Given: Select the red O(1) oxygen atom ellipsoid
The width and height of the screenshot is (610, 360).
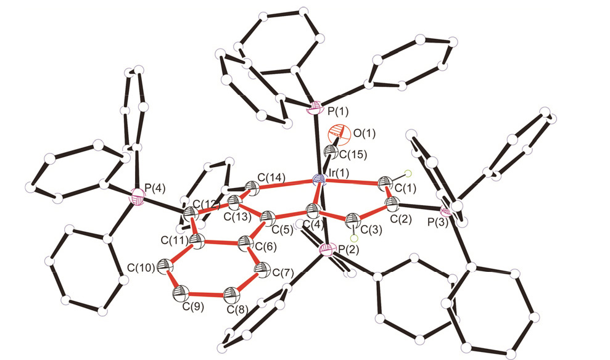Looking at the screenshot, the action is [x=336, y=133].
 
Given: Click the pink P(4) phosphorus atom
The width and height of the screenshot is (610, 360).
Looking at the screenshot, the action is [x=138, y=198].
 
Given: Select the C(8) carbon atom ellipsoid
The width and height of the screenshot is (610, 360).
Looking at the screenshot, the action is [x=231, y=293].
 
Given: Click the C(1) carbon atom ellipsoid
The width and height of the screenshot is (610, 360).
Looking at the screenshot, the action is [x=387, y=182].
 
